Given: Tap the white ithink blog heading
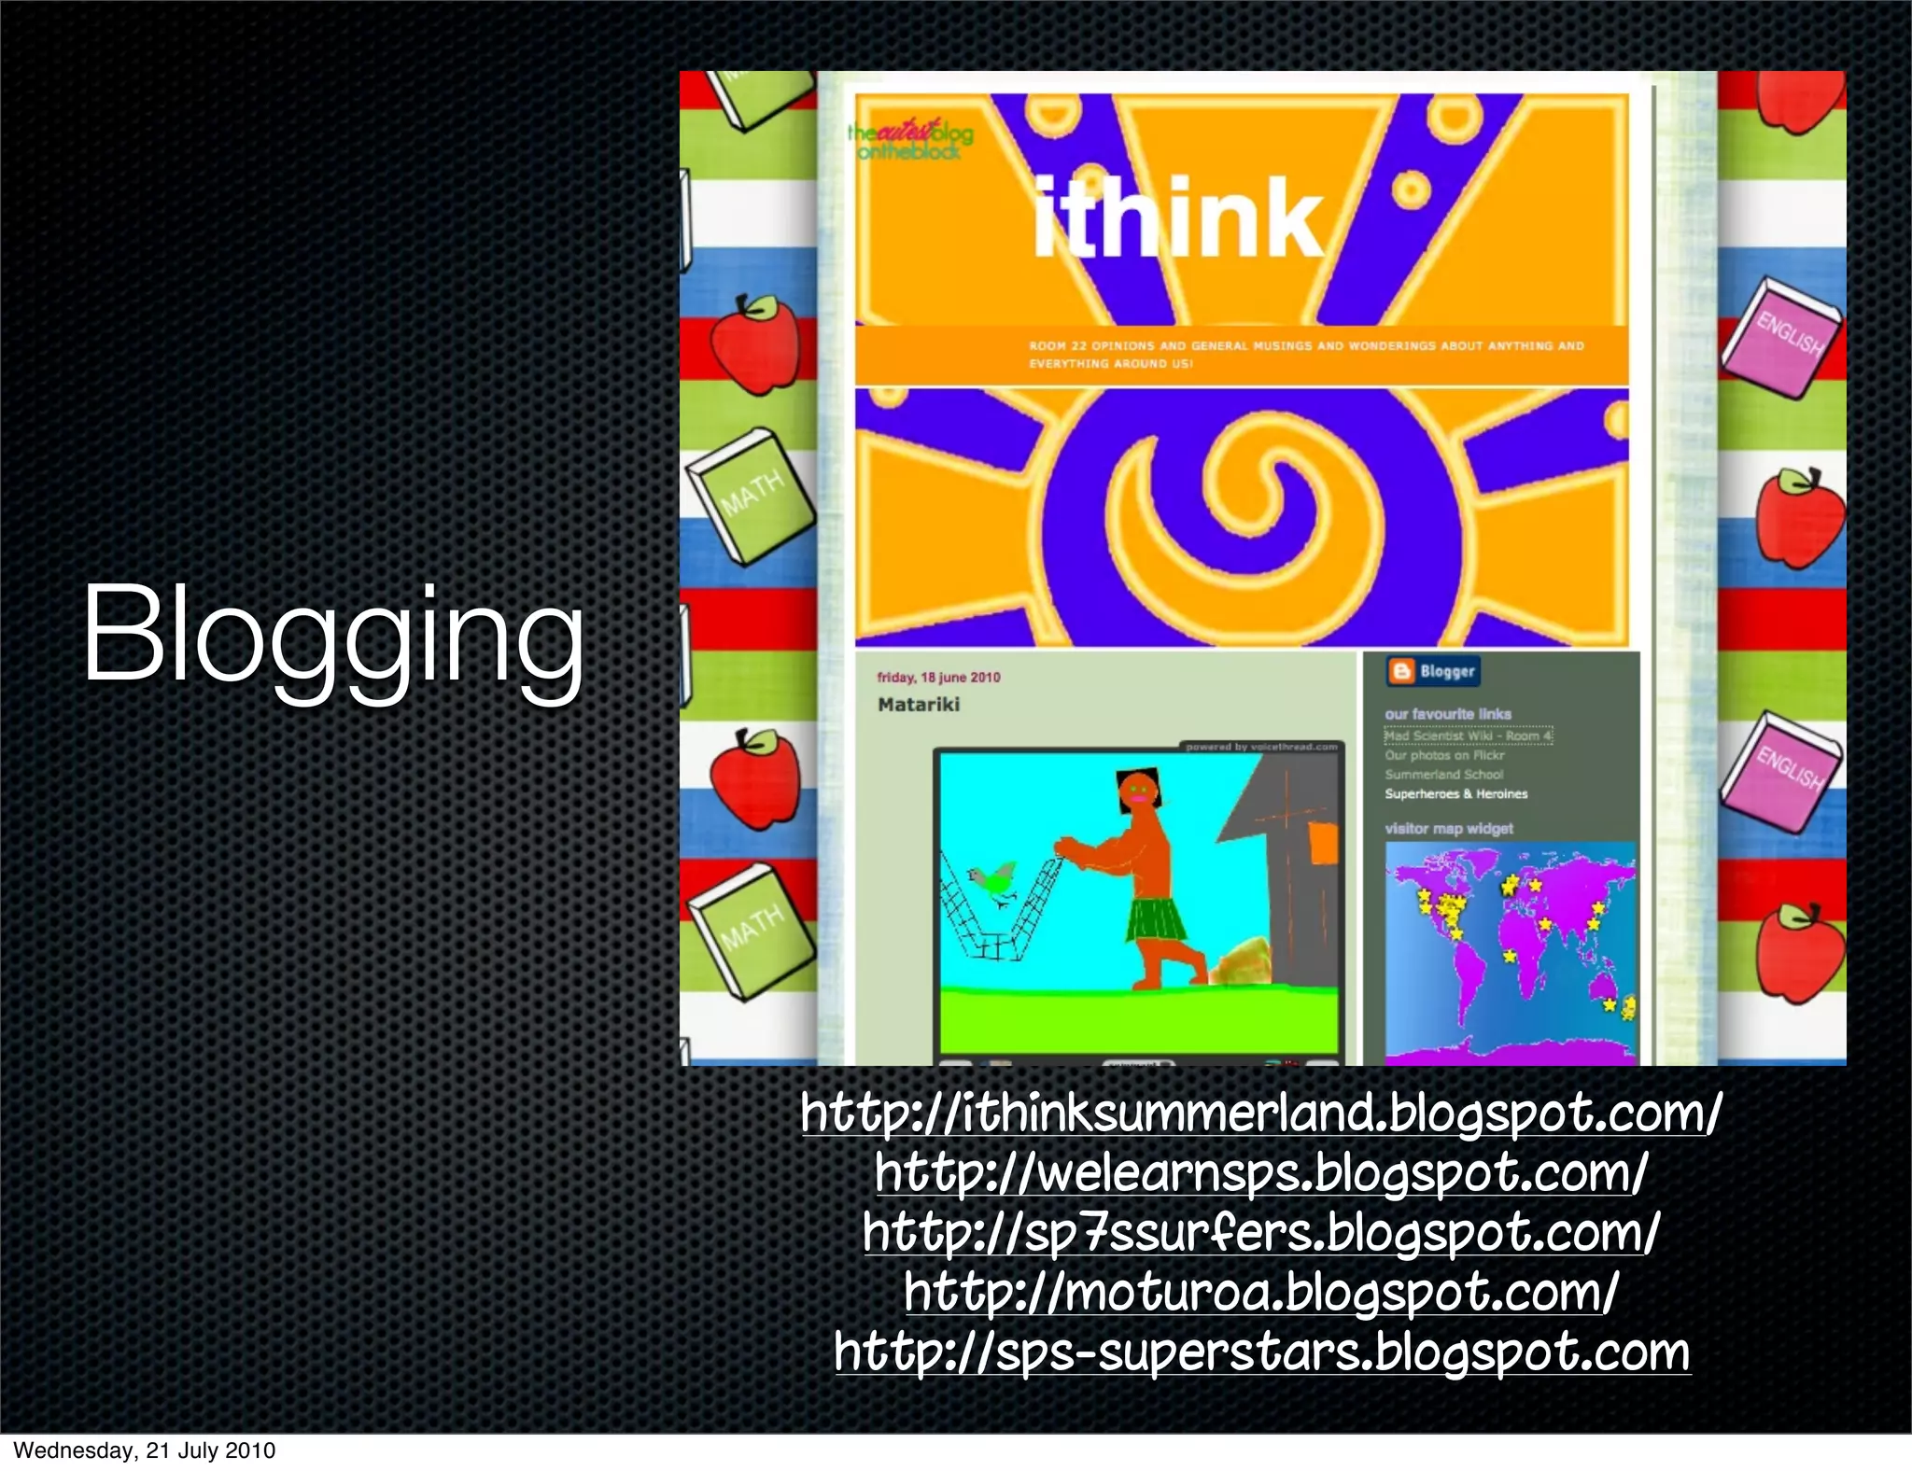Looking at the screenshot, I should (1178, 218).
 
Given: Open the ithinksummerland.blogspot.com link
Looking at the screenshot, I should (1260, 1113).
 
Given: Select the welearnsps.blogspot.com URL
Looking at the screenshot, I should (1260, 1172).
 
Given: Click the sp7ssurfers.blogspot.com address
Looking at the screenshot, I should (1260, 1232).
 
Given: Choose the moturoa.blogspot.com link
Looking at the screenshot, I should (1260, 1293).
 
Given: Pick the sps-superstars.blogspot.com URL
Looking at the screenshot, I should (1261, 1352).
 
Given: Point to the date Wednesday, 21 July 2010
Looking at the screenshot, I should (145, 1450).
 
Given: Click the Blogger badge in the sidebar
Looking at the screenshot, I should (1433, 671).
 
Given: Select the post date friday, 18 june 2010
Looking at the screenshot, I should (938, 678).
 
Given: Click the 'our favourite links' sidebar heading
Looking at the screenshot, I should (1448, 714).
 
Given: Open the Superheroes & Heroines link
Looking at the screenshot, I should (1456, 794).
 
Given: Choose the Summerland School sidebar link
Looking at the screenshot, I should (1444, 775).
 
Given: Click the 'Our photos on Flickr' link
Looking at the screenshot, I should (1444, 755).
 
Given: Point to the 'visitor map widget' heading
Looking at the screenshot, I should (1449, 829).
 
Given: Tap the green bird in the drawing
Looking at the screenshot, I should (993, 882).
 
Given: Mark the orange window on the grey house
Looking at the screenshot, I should (1323, 843).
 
